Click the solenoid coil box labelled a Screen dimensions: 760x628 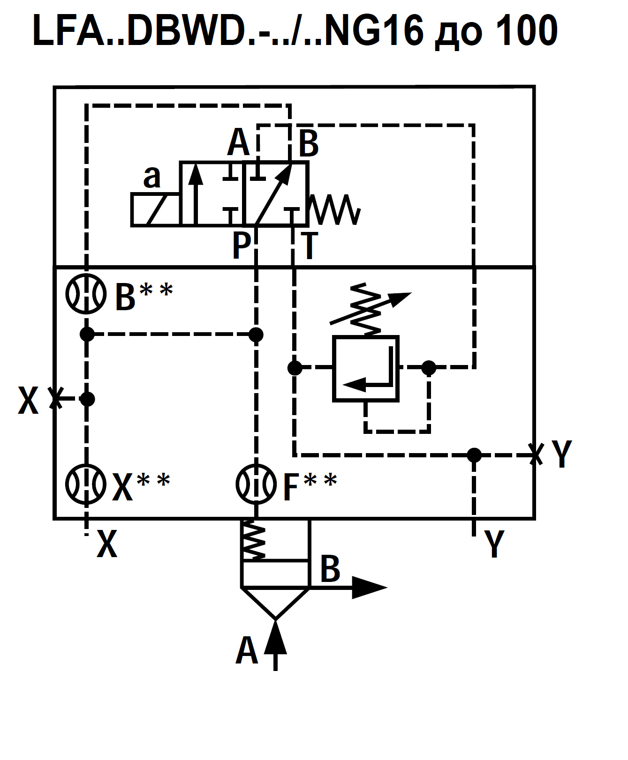[155, 210]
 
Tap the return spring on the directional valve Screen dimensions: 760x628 [335, 209]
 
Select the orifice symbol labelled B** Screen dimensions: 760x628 [86, 294]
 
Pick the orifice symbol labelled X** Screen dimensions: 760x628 [86, 484]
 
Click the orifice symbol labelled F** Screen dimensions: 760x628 [256, 484]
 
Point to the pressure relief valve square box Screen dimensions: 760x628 [366, 369]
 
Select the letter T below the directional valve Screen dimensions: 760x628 [309, 246]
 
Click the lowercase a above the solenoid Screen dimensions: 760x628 [152, 177]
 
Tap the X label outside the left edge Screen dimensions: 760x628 [28, 401]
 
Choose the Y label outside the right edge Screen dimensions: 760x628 [562, 454]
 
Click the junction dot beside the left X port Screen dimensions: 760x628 [87, 399]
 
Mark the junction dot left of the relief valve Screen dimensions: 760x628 [295, 368]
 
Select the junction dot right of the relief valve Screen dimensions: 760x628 [429, 368]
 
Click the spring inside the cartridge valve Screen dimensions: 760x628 [254, 540]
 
